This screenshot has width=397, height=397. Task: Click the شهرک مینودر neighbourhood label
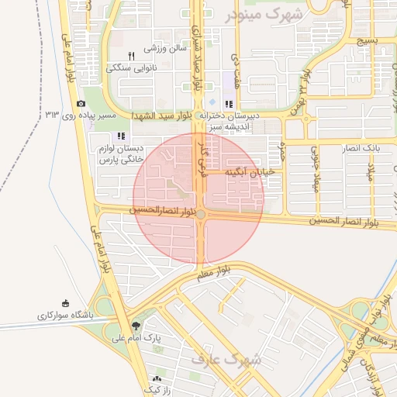point(264,15)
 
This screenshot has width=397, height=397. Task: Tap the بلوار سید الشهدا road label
point(164,116)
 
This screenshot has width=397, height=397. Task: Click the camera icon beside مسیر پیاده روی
point(81,104)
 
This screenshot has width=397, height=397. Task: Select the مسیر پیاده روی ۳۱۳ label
point(81,116)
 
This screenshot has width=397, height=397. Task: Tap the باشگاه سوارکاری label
point(65,316)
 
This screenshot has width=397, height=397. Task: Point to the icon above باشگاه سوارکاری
point(65,303)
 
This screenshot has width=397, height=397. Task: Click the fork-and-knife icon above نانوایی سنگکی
point(131,56)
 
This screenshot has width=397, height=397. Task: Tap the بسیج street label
point(366,40)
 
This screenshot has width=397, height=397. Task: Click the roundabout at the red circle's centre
point(200,214)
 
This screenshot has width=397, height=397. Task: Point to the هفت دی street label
point(234,69)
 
